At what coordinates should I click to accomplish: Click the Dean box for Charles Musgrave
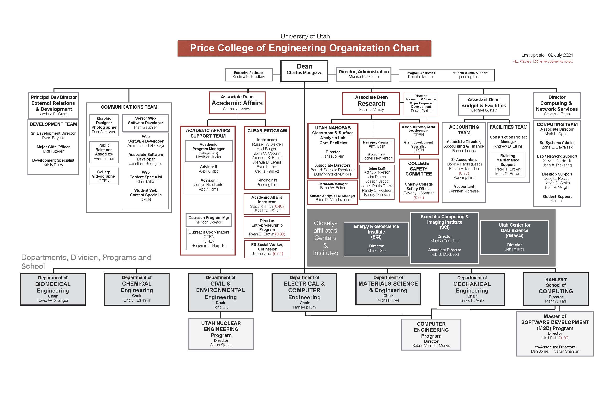304,71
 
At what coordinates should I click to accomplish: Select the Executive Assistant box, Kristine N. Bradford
249,75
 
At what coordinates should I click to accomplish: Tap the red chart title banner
304,48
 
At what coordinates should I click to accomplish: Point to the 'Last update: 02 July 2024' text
547,55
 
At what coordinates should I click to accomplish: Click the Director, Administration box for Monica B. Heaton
363,74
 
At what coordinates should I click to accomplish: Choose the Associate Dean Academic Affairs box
237,103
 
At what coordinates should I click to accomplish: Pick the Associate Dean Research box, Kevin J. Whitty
371,103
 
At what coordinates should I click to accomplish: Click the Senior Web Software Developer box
146,123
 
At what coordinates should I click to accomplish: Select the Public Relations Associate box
104,152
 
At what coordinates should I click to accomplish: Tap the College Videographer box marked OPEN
104,176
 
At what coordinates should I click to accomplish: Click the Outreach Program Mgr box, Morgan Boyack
209,220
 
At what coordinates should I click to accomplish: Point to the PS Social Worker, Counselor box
267,249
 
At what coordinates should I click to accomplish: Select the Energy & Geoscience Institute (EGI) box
376,239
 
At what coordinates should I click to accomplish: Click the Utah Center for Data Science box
514,238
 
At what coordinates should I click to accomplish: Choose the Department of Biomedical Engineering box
53,289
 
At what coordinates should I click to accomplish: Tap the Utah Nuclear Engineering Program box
221,334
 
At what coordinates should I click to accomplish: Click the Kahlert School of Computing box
556,289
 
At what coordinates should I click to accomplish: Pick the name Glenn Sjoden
221,345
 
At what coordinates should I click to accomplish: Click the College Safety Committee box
419,180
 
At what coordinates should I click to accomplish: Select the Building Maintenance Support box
508,165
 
